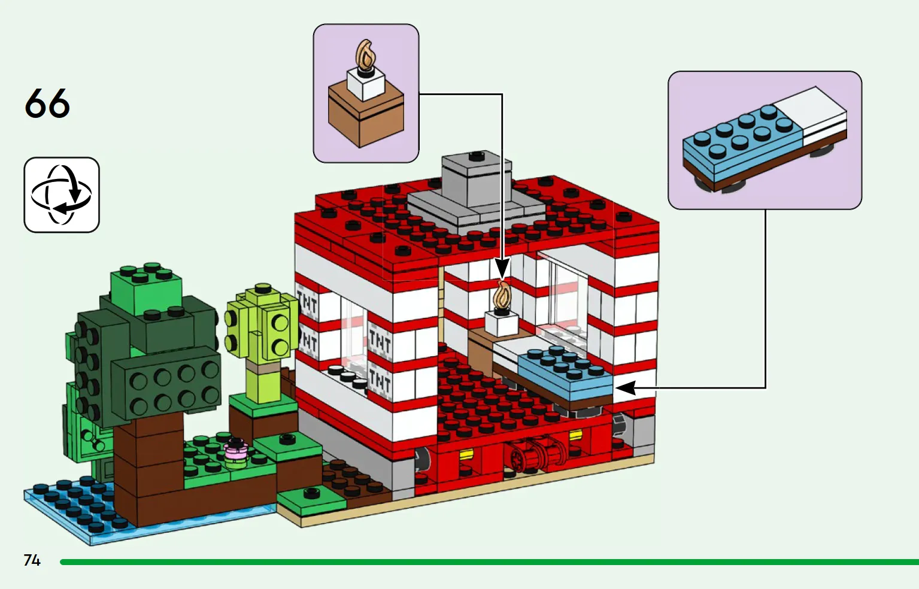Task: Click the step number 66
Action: tap(47, 104)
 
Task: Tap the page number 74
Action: tap(32, 560)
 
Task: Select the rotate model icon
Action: tap(62, 195)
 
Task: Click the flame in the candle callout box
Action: tap(366, 54)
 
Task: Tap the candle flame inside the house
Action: tap(502, 296)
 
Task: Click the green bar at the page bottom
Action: tap(479, 562)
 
